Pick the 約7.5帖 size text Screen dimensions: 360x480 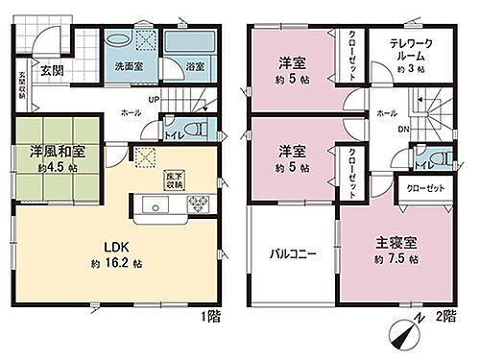[395, 259]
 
